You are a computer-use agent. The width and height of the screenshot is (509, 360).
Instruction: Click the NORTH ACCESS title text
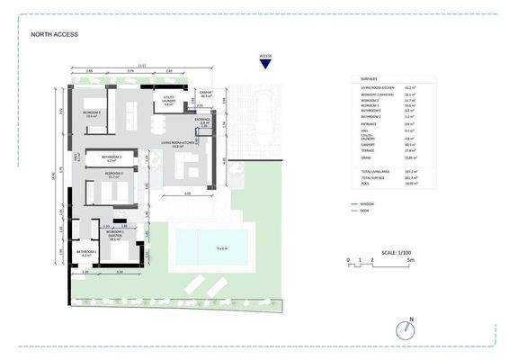click(x=54, y=35)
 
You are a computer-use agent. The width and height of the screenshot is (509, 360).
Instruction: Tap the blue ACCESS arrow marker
click(x=265, y=62)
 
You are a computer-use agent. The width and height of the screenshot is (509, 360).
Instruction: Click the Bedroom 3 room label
click(x=92, y=114)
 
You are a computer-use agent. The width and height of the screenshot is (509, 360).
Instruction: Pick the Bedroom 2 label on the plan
click(x=113, y=175)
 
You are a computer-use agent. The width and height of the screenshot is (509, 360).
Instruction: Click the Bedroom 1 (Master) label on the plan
click(x=114, y=238)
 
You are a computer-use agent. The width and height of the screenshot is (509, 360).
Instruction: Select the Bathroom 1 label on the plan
click(x=85, y=254)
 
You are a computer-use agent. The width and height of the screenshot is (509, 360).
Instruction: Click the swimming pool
click(x=212, y=247)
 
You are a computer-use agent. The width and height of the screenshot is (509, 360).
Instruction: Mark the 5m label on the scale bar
click(x=410, y=260)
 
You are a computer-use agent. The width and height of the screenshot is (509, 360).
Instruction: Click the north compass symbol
click(x=410, y=329)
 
